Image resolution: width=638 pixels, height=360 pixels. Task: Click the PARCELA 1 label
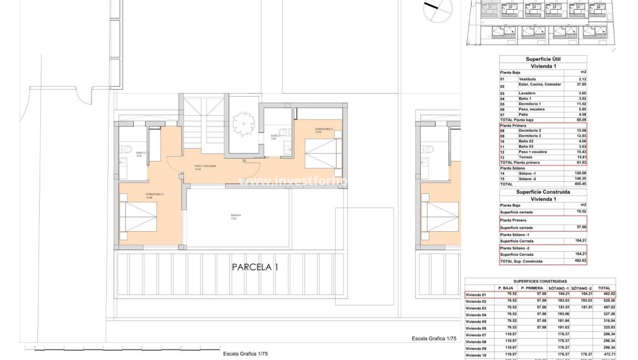point(255,267)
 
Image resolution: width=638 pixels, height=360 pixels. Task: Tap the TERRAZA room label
point(236,216)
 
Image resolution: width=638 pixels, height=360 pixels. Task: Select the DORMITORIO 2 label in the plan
point(155,196)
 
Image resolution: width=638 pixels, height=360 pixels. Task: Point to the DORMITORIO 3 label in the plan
point(316,130)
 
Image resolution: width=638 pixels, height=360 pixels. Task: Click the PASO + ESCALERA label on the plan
point(205,167)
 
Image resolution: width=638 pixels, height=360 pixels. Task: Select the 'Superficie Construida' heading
point(543,192)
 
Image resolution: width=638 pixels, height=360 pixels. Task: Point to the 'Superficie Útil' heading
point(543,59)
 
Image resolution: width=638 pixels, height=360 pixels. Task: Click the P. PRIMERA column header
point(532,288)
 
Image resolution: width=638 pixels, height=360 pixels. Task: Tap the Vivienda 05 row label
point(476,321)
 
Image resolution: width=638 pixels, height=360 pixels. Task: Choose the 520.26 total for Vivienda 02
point(604,301)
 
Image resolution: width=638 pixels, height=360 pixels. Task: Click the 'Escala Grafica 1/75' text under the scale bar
point(245,354)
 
